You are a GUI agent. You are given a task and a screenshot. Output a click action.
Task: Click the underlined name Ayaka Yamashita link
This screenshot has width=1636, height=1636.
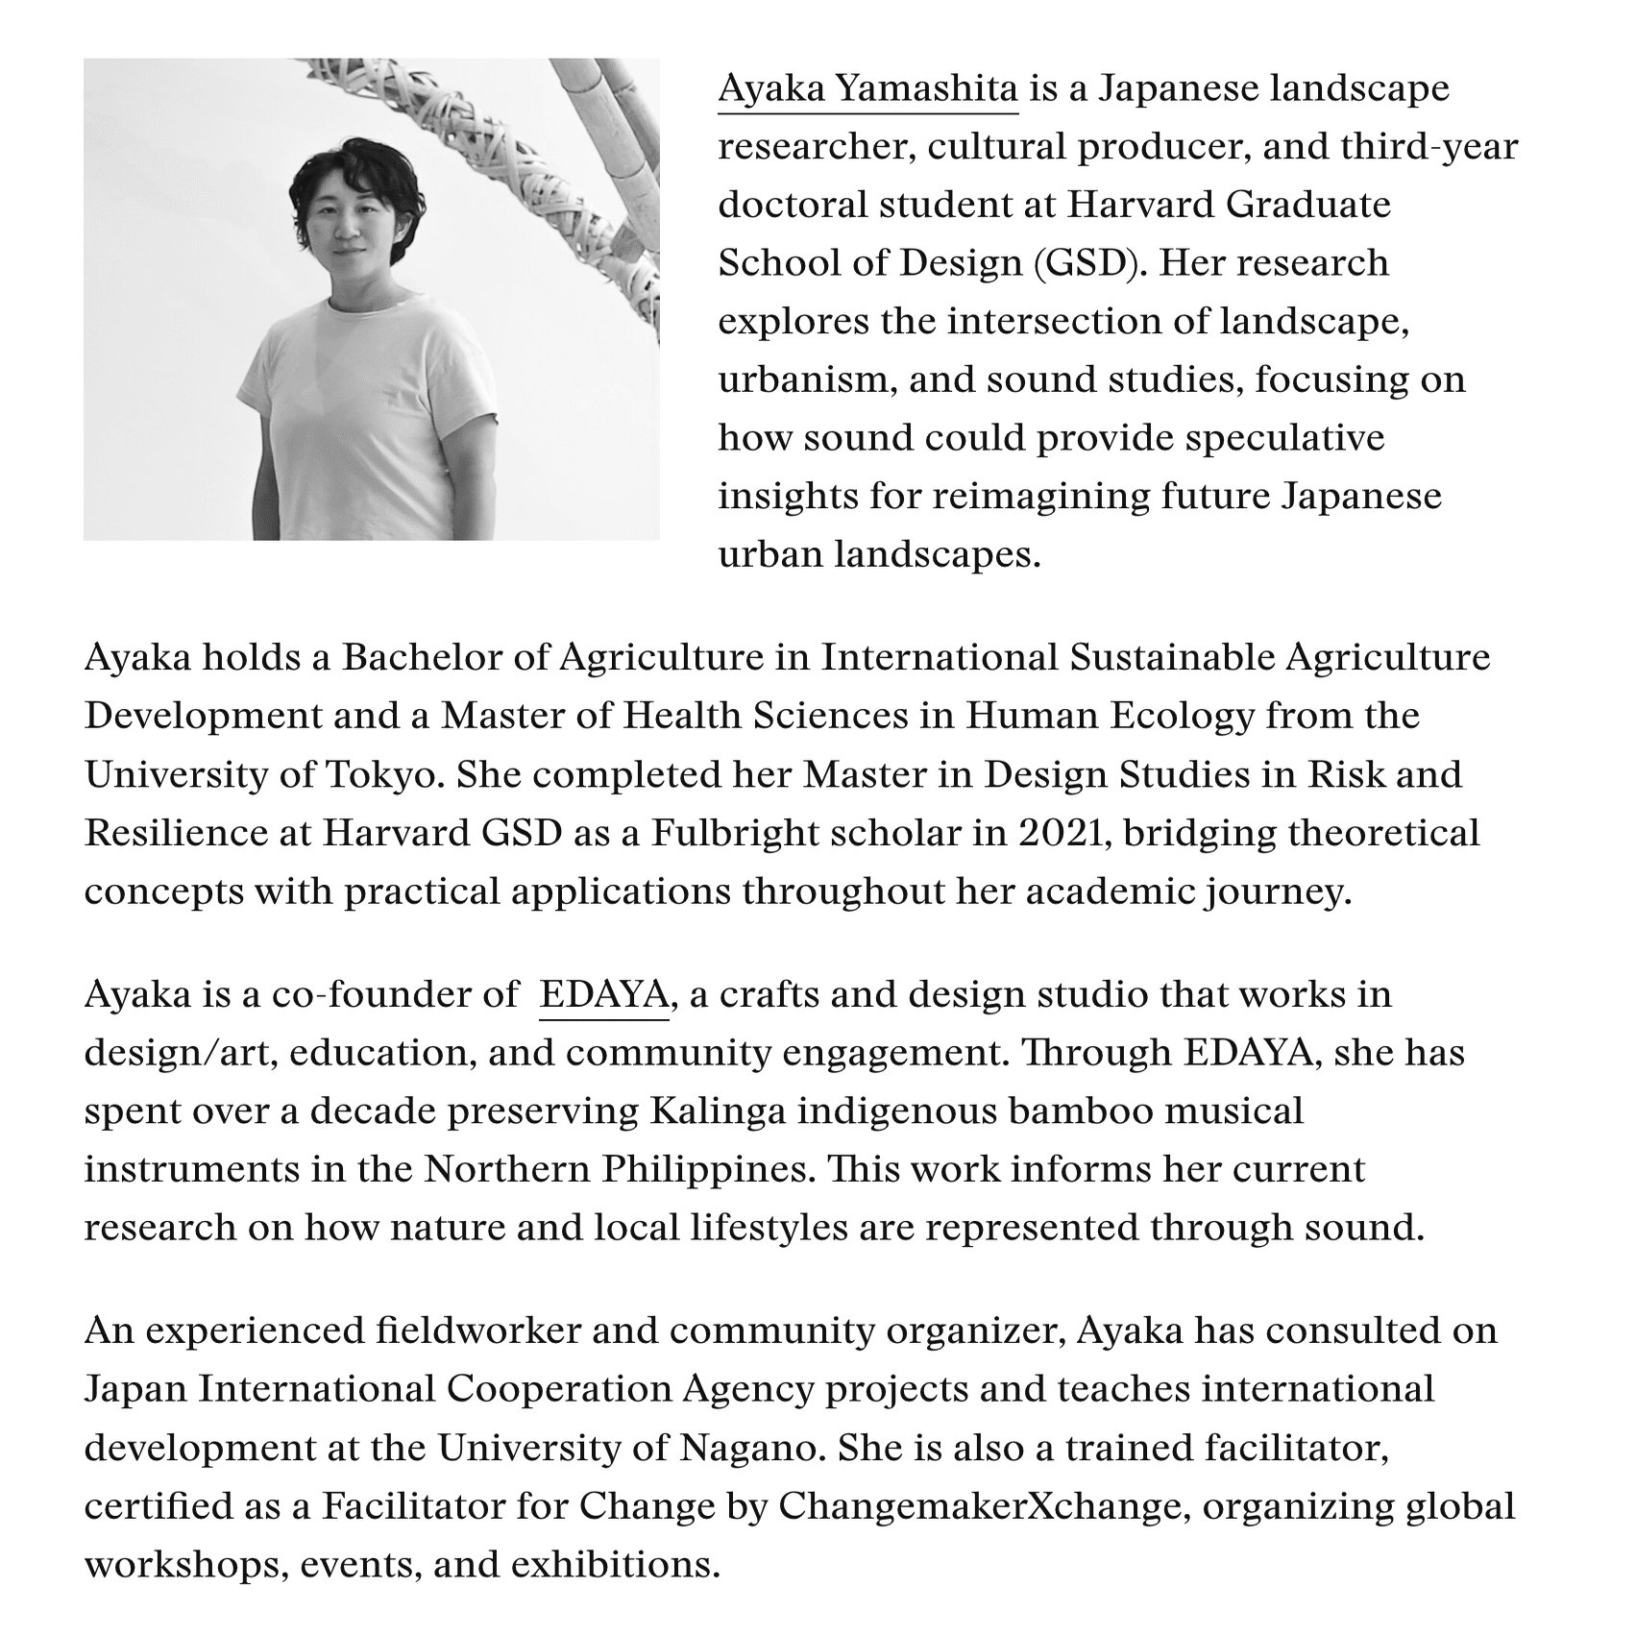867,89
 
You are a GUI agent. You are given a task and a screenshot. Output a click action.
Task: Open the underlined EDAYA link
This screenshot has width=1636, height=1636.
603,994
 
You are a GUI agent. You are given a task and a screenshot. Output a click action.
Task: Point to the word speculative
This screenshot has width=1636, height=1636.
1284,438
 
